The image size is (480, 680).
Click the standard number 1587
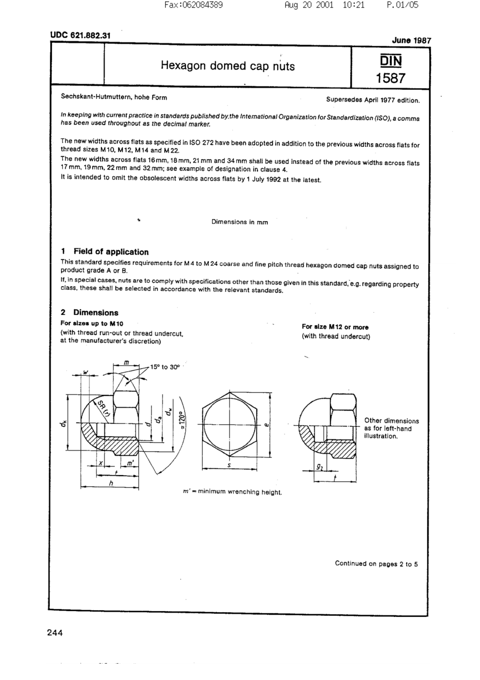[390, 78]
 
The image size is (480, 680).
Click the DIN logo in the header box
[391, 61]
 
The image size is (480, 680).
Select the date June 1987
[411, 40]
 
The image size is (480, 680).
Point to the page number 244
[55, 633]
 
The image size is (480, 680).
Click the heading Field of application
[111, 252]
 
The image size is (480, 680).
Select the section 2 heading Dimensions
[96, 312]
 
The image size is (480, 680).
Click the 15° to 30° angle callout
[165, 367]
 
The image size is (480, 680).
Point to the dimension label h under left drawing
[111, 483]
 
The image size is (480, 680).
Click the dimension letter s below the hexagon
[229, 465]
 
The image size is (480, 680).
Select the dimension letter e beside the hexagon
[266, 425]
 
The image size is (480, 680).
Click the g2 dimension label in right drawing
[319, 467]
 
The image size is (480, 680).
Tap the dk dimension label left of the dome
[62, 424]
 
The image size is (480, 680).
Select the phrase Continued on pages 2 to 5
[376, 564]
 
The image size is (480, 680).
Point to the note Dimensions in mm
[239, 222]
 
